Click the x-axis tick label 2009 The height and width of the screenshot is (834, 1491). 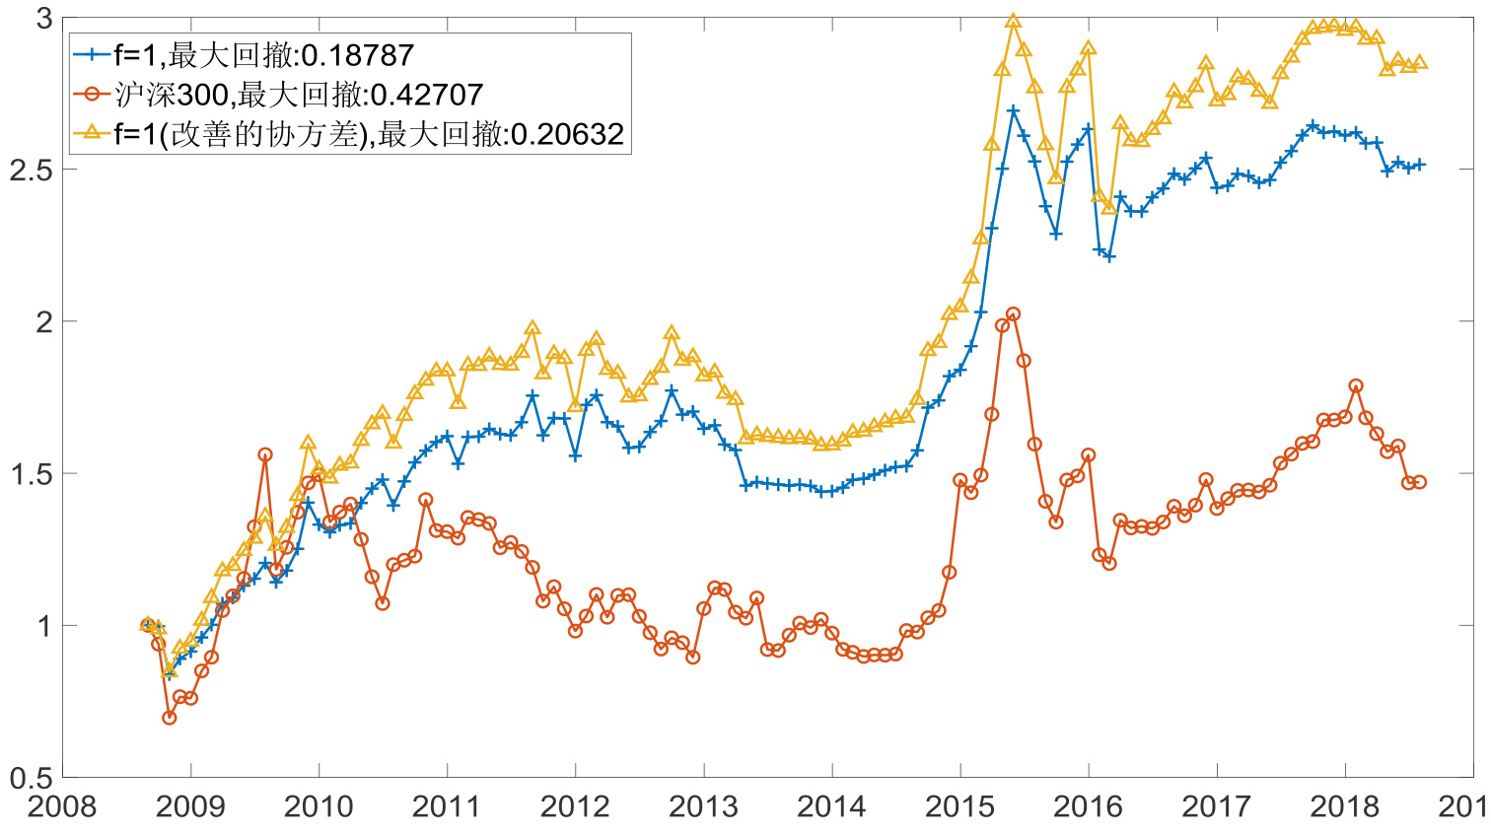tap(190, 806)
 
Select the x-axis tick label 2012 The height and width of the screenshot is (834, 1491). tap(575, 806)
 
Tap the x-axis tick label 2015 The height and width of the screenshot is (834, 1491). tap(959, 806)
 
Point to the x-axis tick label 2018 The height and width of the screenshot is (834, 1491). tap(1344, 806)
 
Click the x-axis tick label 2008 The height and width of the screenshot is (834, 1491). tap(62, 806)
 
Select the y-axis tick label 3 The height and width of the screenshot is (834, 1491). tap(43, 18)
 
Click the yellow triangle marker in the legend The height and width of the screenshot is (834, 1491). tap(93, 133)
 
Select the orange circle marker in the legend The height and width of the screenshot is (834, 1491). tap(93, 95)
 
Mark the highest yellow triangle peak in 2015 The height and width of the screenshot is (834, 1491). tap(1013, 21)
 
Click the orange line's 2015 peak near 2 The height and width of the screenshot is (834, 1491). tap(1013, 314)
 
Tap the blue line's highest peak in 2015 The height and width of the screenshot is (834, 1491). tap(1013, 110)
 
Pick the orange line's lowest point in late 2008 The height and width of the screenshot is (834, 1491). tap(169, 718)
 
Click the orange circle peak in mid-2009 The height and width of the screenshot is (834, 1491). tap(265, 454)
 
